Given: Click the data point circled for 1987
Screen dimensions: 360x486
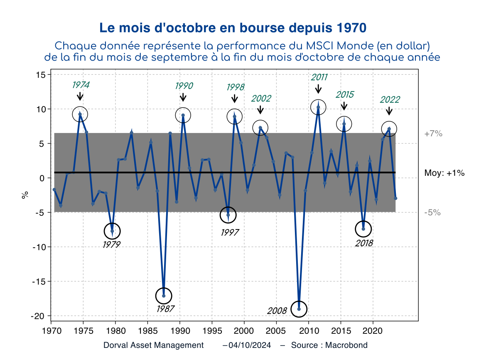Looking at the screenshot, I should click(x=164, y=296).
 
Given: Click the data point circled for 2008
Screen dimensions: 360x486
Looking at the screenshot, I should click(x=299, y=309).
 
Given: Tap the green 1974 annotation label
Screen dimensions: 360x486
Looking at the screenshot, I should click(x=81, y=85).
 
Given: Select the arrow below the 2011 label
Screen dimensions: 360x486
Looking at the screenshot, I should click(x=318, y=89).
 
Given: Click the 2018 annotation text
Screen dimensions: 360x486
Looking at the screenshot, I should click(x=364, y=243).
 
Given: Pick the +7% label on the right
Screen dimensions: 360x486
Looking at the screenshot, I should click(x=433, y=134).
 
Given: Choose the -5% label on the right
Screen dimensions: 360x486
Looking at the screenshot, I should click(x=432, y=212).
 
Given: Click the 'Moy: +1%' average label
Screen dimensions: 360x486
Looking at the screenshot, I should click(x=444, y=173).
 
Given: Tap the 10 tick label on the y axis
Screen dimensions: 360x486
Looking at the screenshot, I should click(x=41, y=109).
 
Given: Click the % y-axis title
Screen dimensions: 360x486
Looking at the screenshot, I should click(x=25, y=194).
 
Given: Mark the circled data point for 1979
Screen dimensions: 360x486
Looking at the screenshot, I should click(x=112, y=231).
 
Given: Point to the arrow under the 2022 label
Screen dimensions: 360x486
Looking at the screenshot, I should click(x=389, y=111).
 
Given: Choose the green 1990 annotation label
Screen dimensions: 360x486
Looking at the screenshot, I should click(x=184, y=86).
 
